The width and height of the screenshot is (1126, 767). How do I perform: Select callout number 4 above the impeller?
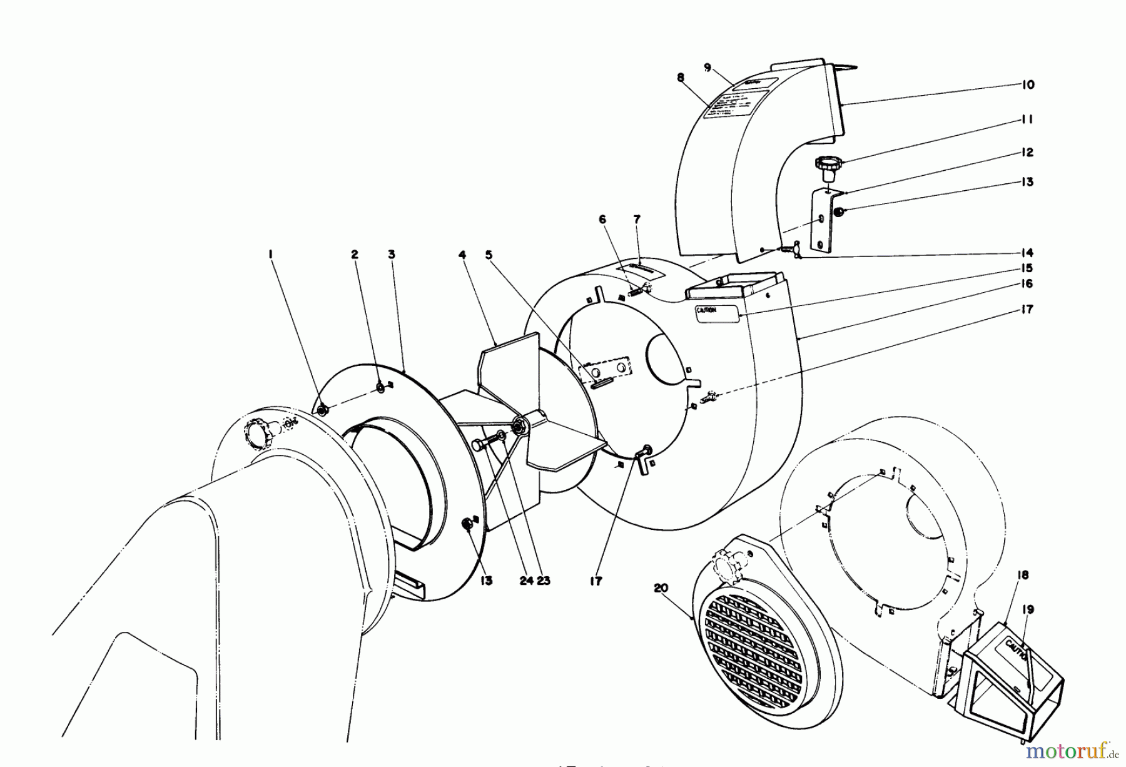(x=462, y=255)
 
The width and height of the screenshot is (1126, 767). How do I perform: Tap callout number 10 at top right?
(x=1028, y=84)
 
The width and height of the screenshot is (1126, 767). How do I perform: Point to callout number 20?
(x=661, y=588)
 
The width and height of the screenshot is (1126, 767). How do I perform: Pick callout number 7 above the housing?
(x=637, y=220)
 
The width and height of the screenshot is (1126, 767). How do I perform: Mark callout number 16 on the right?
(x=1028, y=283)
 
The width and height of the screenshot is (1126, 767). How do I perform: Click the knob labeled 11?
(x=829, y=168)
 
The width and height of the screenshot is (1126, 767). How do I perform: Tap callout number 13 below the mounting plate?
(x=487, y=581)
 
